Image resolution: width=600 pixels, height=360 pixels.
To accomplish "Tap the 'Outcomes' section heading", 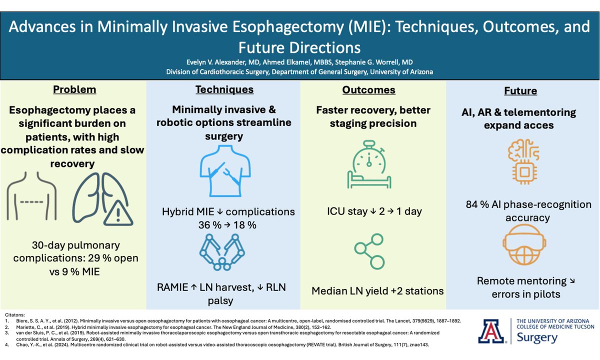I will click(368, 90).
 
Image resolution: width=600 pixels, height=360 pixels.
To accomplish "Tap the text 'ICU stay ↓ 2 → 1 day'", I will click(371, 211).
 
